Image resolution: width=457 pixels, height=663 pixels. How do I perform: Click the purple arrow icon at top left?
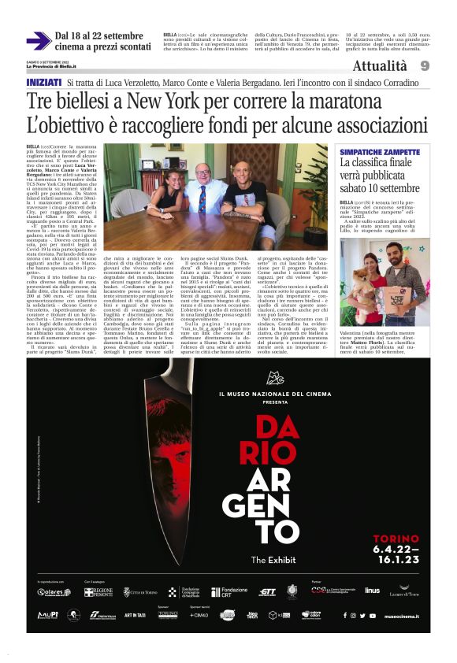point(38,40)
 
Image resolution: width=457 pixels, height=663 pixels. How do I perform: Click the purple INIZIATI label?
point(44,82)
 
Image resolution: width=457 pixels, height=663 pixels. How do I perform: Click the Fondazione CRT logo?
point(229,591)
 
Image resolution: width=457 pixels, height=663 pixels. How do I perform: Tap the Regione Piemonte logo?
point(98,591)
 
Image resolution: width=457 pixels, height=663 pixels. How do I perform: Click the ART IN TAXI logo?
point(133,614)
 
